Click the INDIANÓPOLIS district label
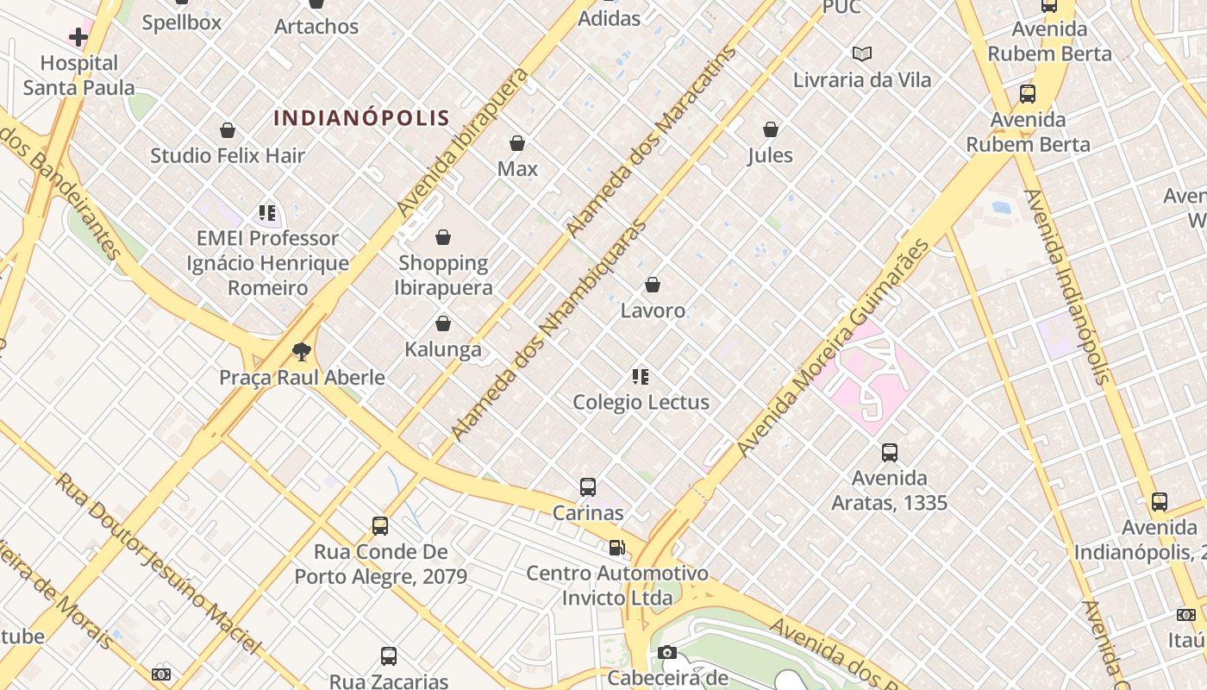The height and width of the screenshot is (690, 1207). coord(362,118)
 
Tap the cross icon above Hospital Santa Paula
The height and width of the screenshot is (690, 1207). coord(78,36)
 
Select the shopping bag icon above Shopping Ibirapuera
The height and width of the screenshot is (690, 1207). coord(443,237)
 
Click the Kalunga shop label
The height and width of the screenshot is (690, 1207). coord(443,349)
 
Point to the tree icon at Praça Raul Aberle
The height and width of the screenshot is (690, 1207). coord(301,351)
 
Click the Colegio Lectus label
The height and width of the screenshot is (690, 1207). coord(641,402)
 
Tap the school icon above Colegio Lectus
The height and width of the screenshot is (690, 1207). coord(641,376)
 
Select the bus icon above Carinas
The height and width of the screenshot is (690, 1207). coord(588,487)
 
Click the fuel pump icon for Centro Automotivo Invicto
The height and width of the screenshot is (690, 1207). coord(616,548)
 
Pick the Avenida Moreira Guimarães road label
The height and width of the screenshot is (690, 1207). coord(835,348)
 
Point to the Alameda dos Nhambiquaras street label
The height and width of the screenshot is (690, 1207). coord(548,330)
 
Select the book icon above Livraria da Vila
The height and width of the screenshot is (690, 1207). coord(862,53)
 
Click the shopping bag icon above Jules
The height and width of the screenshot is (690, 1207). coord(771,129)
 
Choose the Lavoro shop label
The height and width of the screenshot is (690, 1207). coord(654,310)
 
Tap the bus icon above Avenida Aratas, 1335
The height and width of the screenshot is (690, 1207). coord(890,452)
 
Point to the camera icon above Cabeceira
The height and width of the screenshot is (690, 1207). coord(667,653)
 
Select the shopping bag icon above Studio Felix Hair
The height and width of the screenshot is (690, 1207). coord(228,130)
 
